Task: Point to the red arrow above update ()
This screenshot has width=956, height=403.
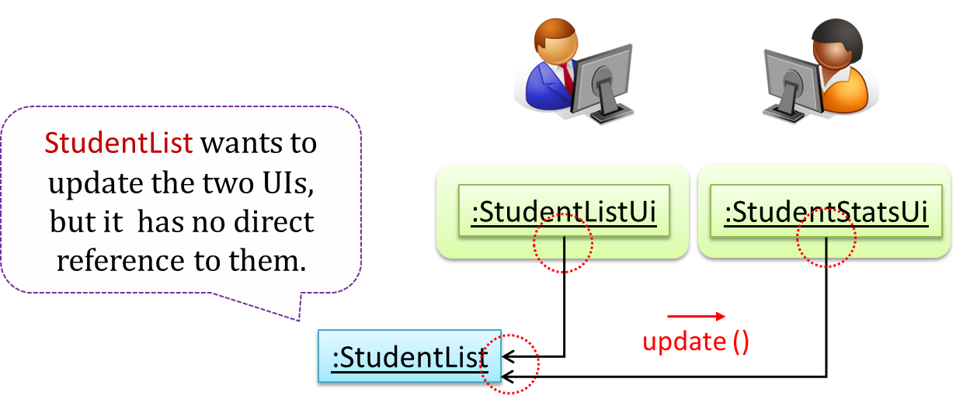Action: (x=696, y=316)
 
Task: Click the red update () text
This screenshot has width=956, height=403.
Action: (x=696, y=342)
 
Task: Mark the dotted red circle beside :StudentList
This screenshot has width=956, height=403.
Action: (x=509, y=362)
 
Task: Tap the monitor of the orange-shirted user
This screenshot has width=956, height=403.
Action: (x=787, y=85)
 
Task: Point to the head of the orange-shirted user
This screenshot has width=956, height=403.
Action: (x=832, y=43)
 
